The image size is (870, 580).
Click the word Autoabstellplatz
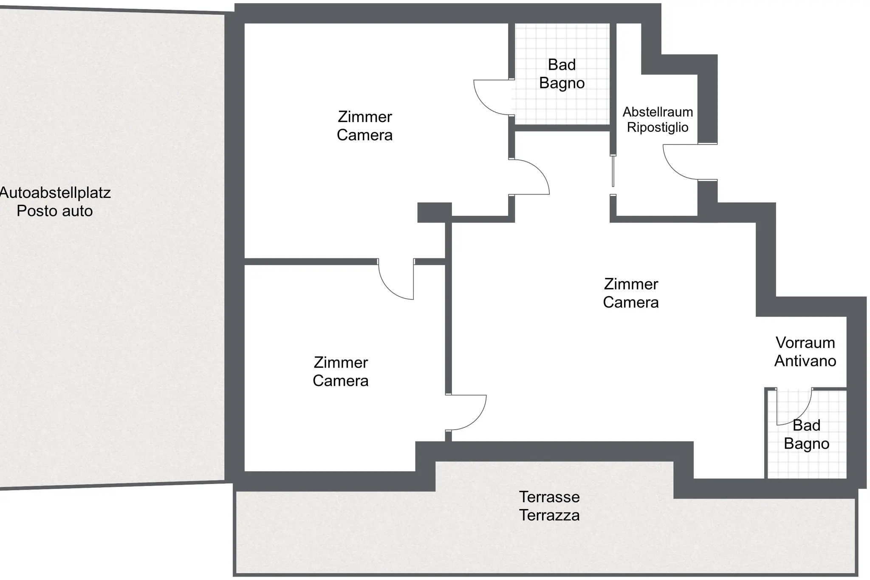click(55, 193)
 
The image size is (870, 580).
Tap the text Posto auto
click(55, 211)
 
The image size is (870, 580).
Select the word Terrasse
click(549, 497)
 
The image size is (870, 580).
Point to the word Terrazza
click(549, 515)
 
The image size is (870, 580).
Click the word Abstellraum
click(658, 112)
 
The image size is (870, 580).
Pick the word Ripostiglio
click(658, 127)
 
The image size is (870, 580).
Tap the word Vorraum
click(805, 342)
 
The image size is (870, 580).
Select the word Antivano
click(805, 361)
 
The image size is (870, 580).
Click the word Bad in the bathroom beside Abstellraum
click(562, 65)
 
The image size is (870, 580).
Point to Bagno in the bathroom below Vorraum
click(806, 444)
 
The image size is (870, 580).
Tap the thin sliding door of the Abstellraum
click(613, 171)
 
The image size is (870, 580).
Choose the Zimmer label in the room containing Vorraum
click(631, 284)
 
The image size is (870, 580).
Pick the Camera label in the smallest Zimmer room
click(340, 381)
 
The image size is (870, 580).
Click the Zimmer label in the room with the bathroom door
click(364, 117)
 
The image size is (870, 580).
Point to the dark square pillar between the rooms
click(434, 212)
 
